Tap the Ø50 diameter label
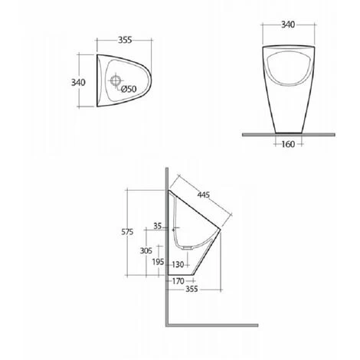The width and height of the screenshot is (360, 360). coord(129,89)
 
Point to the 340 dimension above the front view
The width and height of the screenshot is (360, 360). coord(287,25)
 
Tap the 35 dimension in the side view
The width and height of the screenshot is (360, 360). coord(158,226)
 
